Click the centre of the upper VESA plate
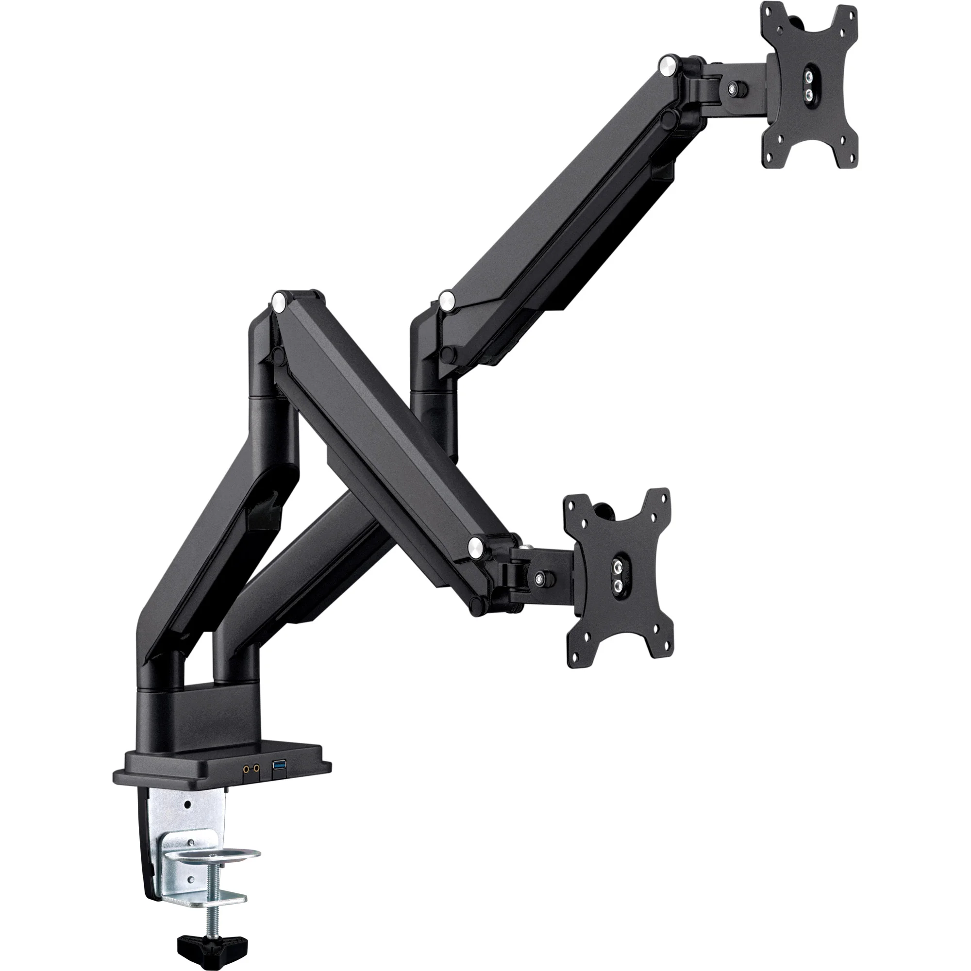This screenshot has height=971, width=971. (809, 85)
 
